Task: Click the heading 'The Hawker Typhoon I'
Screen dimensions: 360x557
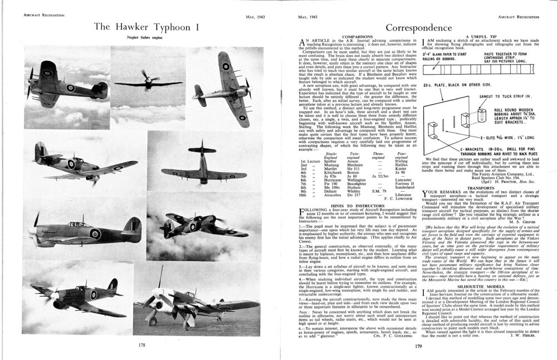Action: (x=143, y=27)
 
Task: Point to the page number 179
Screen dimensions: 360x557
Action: (x=418, y=347)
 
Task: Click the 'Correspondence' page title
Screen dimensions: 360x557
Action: (x=418, y=27)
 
